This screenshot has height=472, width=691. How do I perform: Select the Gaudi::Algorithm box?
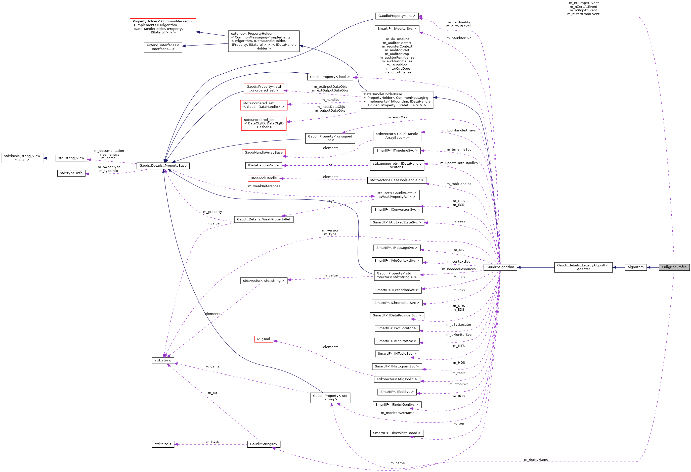[x=500, y=267]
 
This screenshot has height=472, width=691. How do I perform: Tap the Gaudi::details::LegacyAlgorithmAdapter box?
[x=583, y=267]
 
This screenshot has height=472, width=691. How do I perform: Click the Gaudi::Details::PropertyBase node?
[x=163, y=166]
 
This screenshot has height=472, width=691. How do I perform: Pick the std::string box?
[x=163, y=360]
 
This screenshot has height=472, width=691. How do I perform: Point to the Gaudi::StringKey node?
[x=264, y=444]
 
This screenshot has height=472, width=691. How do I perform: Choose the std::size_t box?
[x=163, y=444]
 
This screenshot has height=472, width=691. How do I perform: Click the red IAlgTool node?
[x=264, y=339]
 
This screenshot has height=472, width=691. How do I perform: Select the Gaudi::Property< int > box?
[x=397, y=16]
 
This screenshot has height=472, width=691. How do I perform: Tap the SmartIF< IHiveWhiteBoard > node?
[x=397, y=433]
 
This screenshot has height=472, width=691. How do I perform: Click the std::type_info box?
[x=71, y=173]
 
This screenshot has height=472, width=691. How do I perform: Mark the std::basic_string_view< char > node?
[x=22, y=158]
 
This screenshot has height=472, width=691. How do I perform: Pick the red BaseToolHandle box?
[x=264, y=178]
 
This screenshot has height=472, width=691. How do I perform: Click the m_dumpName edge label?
[x=536, y=459]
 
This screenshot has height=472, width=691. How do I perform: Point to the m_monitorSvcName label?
[x=397, y=413]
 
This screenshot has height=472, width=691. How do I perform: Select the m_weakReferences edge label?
[x=264, y=186]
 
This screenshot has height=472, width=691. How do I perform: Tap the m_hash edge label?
[x=212, y=442]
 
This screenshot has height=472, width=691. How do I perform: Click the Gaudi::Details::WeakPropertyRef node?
[x=264, y=219]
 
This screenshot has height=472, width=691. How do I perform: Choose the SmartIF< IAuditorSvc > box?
[x=397, y=29]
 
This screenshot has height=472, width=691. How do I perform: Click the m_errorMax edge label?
[x=397, y=117]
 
